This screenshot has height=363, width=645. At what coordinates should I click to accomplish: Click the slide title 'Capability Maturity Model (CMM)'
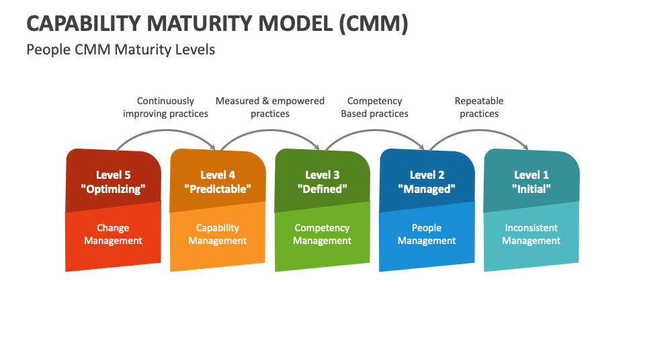tap(217, 23)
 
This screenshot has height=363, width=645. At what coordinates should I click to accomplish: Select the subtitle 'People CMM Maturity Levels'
tap(121, 50)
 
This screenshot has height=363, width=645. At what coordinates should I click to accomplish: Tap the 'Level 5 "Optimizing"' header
tap(113, 182)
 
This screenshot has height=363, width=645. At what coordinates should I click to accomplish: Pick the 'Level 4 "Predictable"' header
tap(218, 182)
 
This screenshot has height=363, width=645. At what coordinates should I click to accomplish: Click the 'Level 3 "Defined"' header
tap(322, 182)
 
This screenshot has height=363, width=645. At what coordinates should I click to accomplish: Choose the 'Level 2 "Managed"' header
tap(427, 182)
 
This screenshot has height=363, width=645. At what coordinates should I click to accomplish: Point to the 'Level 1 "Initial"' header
tap(531, 182)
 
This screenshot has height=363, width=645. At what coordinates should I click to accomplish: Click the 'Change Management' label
tap(113, 235)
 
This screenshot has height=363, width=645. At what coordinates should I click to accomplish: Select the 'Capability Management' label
tap(218, 235)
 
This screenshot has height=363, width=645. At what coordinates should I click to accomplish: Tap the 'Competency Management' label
tap(322, 235)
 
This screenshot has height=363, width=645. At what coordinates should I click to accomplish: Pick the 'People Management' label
tap(427, 235)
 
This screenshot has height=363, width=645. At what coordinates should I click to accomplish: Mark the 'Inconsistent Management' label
tap(531, 235)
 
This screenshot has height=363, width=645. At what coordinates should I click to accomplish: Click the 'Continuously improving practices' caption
tap(165, 108)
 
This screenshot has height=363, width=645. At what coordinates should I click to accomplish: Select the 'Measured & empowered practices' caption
tap(270, 108)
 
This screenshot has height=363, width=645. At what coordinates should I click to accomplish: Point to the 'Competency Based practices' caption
tap(374, 108)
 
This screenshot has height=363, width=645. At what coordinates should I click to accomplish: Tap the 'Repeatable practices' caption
tap(479, 108)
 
